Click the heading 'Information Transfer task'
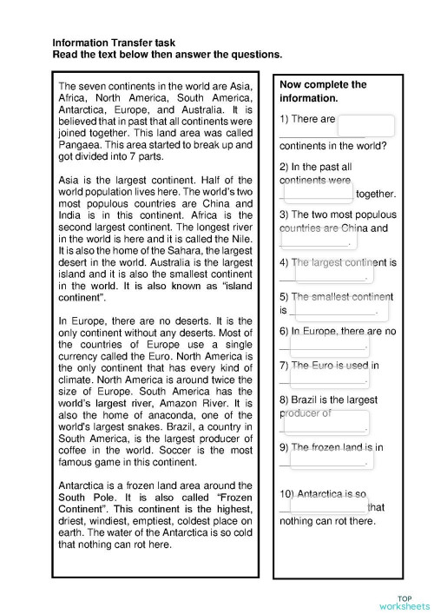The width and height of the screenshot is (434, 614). click(x=114, y=41)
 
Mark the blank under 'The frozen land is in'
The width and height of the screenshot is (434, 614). click(x=326, y=459)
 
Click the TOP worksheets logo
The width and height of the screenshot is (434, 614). click(x=404, y=602)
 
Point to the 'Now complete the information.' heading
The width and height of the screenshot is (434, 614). click(x=323, y=91)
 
